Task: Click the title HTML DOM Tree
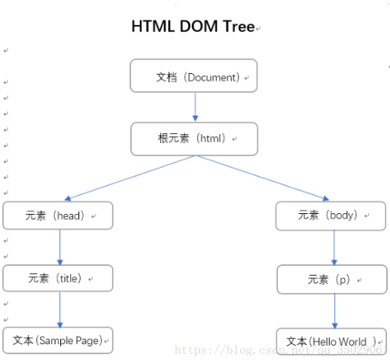(193, 27)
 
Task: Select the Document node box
(193, 76)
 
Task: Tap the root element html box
(193, 139)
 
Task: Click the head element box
(58, 215)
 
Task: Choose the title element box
(58, 278)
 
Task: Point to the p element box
(332, 279)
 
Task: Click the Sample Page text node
(58, 340)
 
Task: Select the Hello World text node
(332, 341)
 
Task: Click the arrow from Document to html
(194, 107)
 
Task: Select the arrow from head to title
(59, 246)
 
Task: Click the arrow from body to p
(334, 247)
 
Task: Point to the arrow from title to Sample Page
(59, 309)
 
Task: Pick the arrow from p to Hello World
(334, 310)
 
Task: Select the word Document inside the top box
(212, 77)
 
